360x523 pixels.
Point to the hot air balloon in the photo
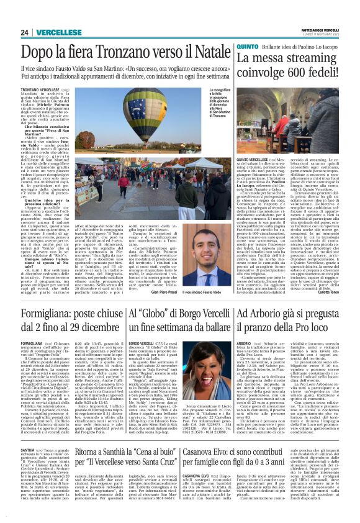(x=149, y=115)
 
